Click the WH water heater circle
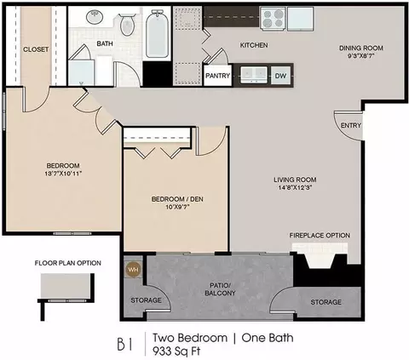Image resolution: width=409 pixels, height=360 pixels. pyautogui.click(x=133, y=270)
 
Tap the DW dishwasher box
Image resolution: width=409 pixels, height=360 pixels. pyautogui.click(x=280, y=76)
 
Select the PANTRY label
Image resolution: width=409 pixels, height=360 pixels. pyautogui.click(x=217, y=76)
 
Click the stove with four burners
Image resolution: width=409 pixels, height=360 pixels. pyautogui.click(x=272, y=19)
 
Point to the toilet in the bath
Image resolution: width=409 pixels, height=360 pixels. pyautogui.click(x=127, y=25)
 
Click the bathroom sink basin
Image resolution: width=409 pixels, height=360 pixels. pyautogui.click(x=95, y=17)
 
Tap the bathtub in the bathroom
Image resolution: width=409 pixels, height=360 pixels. pyautogui.click(x=157, y=34)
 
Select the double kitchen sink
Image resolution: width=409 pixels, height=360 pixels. pyautogui.click(x=254, y=75)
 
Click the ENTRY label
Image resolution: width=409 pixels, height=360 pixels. pyautogui.click(x=351, y=125)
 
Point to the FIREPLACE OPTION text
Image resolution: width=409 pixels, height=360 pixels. pyautogui.click(x=320, y=235)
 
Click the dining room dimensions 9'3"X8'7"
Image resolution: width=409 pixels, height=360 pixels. pyautogui.click(x=361, y=56)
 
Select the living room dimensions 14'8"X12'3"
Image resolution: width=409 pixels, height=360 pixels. pyautogui.click(x=295, y=187)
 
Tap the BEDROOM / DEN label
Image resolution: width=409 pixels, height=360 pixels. pyautogui.click(x=177, y=199)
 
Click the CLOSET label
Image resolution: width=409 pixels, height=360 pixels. pyautogui.click(x=36, y=49)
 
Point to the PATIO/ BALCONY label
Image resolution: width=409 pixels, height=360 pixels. pyautogui.click(x=220, y=289)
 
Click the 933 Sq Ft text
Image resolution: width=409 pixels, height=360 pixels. pyautogui.click(x=176, y=351)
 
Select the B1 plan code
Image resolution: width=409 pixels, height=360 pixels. pyautogui.click(x=124, y=344)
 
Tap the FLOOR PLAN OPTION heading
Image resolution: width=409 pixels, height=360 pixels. pyautogui.click(x=68, y=263)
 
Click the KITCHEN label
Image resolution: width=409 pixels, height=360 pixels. pyautogui.click(x=254, y=45)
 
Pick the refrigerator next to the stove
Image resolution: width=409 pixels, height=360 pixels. pyautogui.click(x=300, y=19)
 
